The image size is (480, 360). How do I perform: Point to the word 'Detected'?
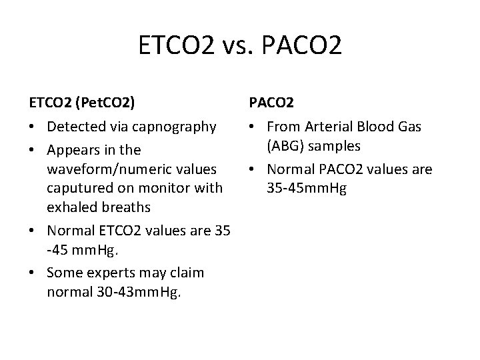coord(77,127)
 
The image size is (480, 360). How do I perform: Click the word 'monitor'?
coord(155,188)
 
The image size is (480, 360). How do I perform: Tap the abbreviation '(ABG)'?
coord(285,145)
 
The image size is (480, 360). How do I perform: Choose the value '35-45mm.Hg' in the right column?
coord(306,188)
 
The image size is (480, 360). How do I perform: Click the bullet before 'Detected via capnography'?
coord(33,127)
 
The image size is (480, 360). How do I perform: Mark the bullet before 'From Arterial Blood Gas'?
coord(253,127)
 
